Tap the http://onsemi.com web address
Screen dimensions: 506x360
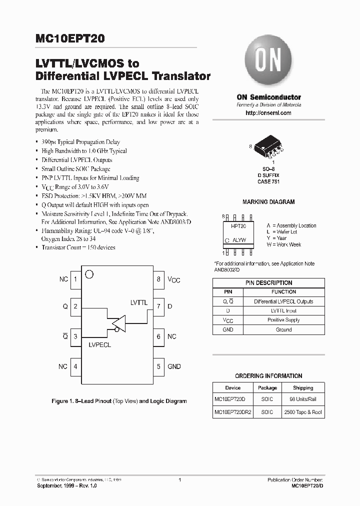(x=268, y=113)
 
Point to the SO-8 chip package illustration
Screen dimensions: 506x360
(x=268, y=145)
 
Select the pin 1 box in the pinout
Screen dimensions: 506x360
(x=75, y=279)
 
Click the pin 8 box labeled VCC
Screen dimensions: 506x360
(x=158, y=279)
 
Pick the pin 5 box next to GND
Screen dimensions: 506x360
(x=158, y=366)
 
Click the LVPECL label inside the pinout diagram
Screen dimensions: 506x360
(x=100, y=345)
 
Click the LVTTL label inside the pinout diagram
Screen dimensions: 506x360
(x=138, y=302)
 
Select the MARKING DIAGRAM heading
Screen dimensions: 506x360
(x=268, y=202)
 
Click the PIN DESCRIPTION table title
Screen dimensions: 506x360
(x=268, y=283)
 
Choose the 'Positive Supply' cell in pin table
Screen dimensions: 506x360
(x=283, y=320)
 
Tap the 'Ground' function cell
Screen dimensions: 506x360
(x=283, y=330)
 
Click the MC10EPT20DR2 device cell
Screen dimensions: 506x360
(x=233, y=413)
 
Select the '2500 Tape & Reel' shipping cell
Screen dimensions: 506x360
(x=303, y=413)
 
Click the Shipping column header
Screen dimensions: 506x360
(x=303, y=387)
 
